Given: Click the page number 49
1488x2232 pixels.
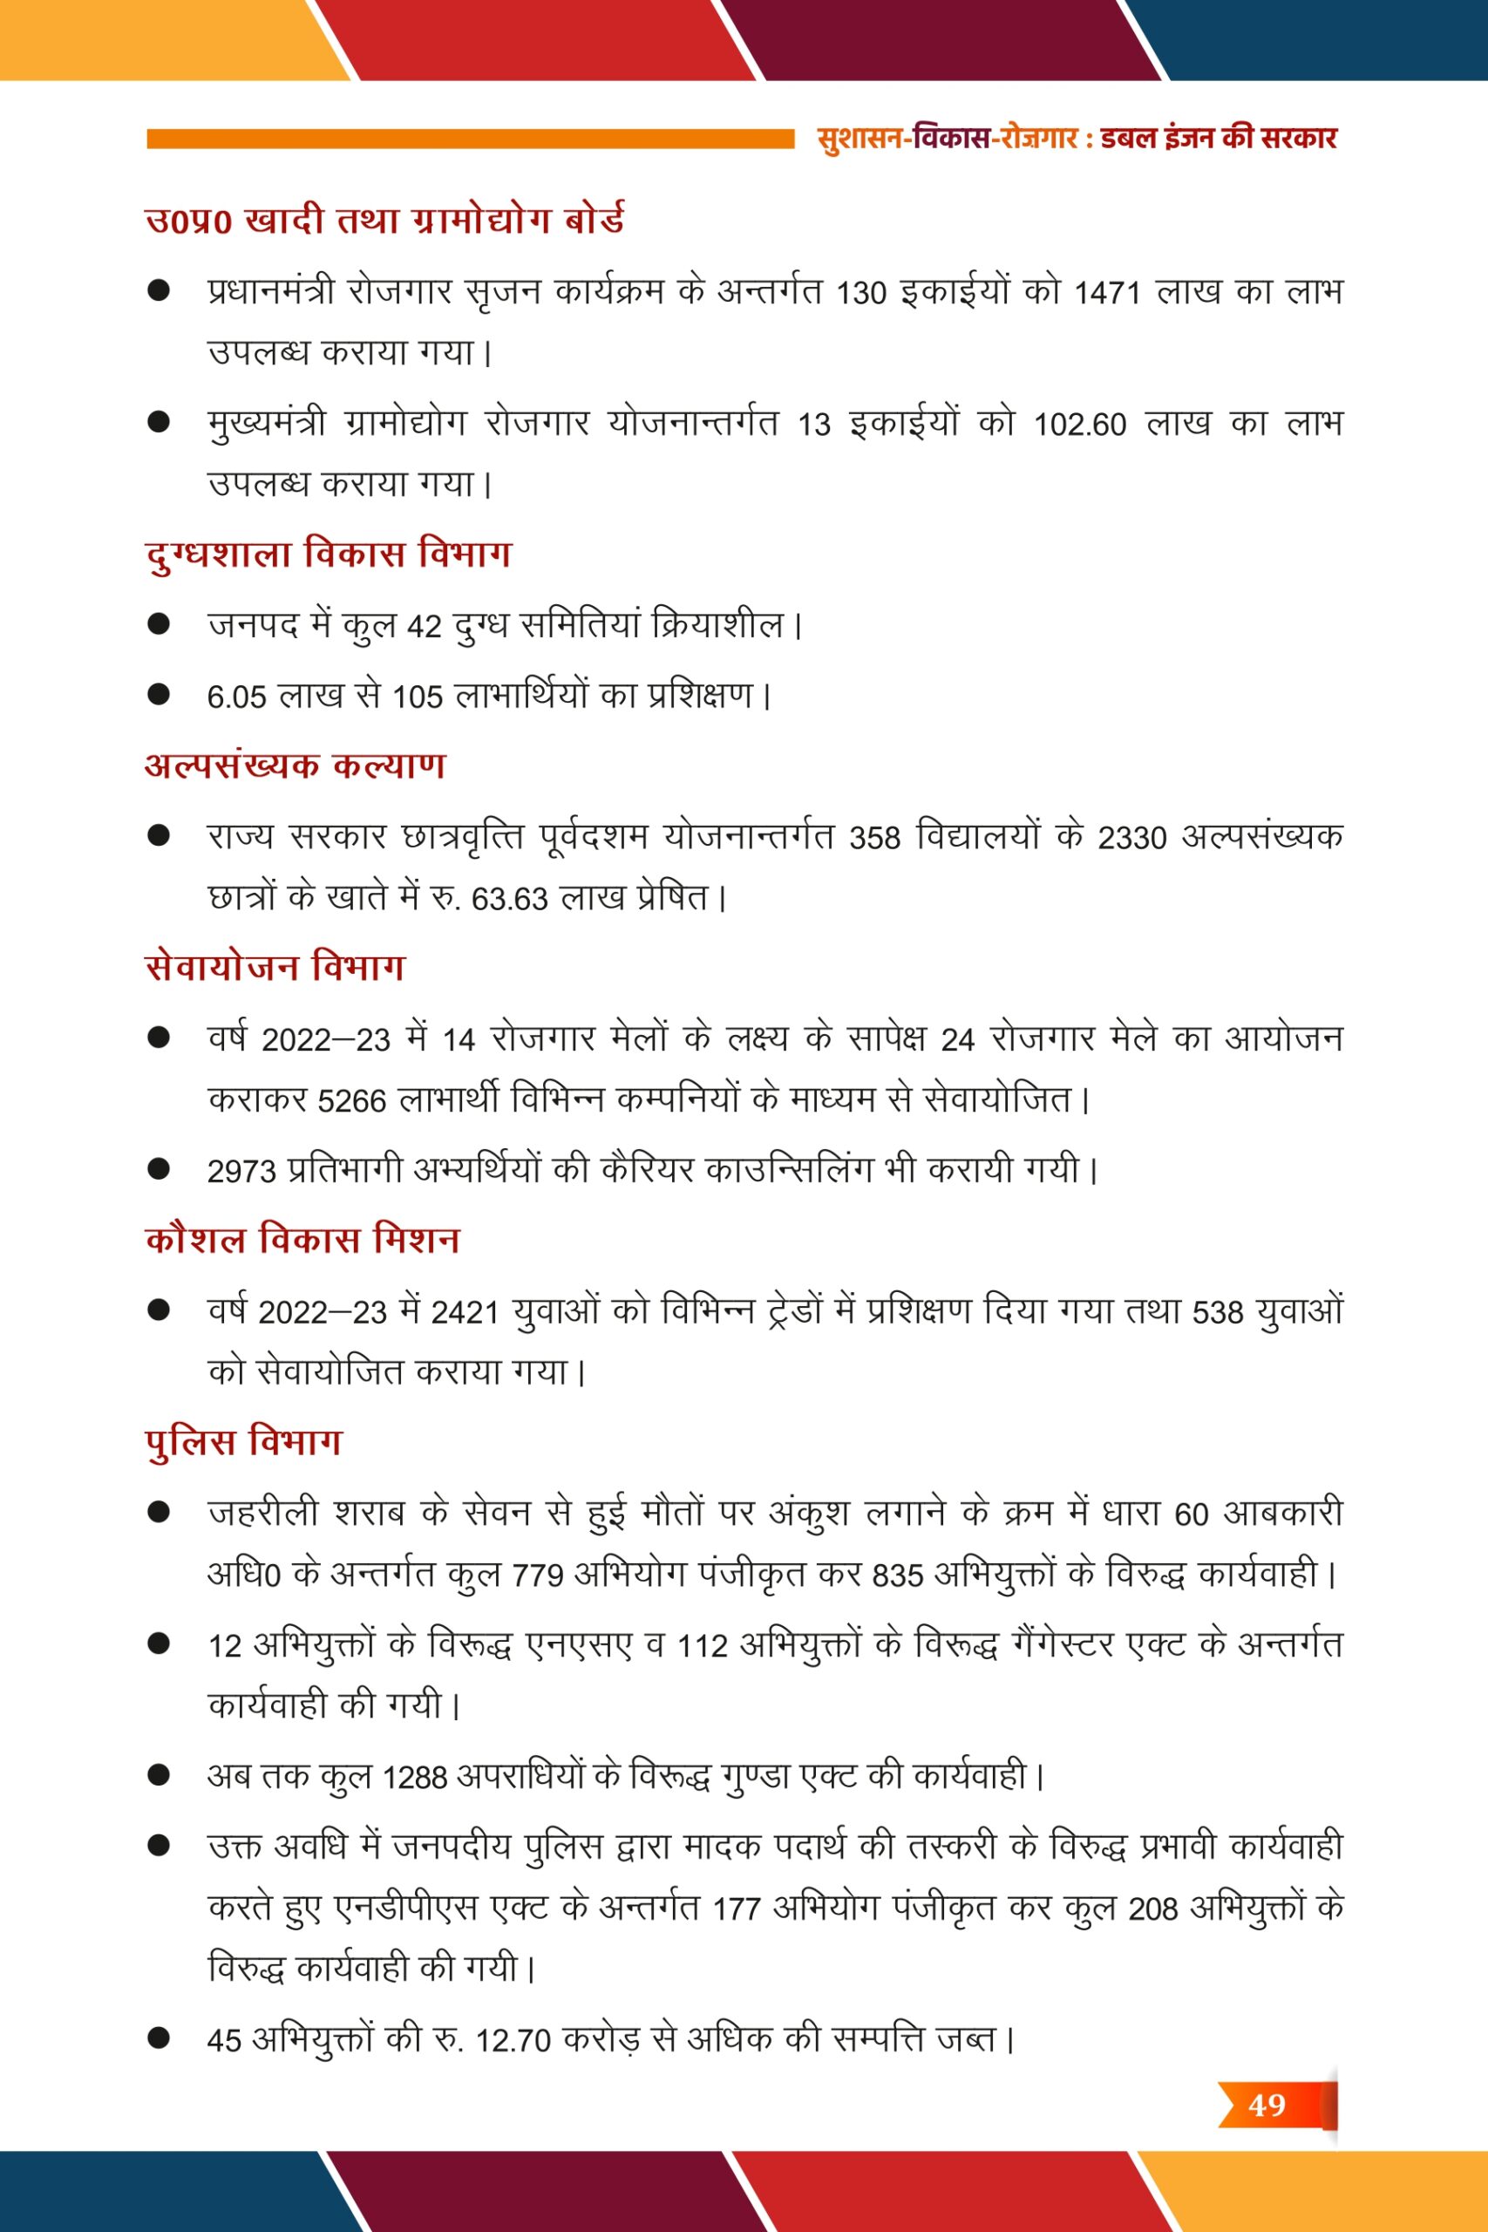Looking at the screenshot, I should tap(1266, 2105).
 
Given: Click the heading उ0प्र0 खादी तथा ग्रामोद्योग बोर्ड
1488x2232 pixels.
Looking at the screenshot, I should tap(384, 221).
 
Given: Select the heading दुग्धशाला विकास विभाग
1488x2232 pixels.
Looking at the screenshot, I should tap(328, 554).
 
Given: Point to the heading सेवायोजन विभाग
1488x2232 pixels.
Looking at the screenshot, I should tap(275, 967).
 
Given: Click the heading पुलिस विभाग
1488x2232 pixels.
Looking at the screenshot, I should tap(243, 1442).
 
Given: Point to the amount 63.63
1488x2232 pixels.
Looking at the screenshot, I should tap(509, 899).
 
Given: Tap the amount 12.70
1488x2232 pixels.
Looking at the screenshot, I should tap(513, 2040).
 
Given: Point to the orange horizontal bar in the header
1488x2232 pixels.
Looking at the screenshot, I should tap(470, 139).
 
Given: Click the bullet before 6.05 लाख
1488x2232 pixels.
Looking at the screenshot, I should tap(159, 695).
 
